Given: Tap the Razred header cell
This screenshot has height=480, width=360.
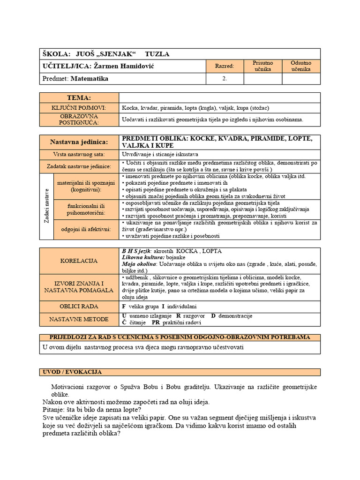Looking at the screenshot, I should tap(224, 67).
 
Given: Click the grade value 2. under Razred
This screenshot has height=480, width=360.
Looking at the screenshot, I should tap(225, 79).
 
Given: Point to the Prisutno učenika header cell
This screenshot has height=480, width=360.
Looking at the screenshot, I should tap(262, 66).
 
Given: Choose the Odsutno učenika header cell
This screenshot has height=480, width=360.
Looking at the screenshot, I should tap(301, 66).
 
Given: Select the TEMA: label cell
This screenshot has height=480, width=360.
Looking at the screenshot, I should tap(79, 97).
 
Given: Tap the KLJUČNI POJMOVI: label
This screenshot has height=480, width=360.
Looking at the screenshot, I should tap(79, 108).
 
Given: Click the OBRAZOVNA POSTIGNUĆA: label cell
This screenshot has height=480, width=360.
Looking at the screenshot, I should tap(79, 119).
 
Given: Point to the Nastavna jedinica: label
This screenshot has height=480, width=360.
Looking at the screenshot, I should tap(79, 142).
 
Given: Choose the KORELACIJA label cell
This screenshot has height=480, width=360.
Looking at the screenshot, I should tap(79, 260).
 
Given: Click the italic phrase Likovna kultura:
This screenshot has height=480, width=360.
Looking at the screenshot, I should tap(142, 258).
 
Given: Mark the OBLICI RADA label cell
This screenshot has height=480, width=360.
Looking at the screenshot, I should tap(79, 307).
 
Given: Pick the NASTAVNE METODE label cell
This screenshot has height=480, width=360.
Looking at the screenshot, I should tap(79, 319).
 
